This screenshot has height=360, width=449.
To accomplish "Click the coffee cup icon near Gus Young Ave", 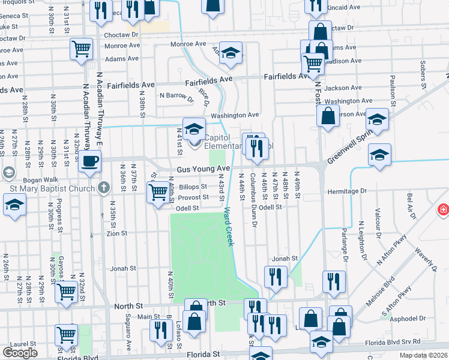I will click(x=89, y=161).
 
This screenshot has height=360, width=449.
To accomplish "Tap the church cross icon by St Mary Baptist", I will click(x=103, y=188).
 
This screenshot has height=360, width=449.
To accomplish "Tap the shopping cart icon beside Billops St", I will click(x=158, y=193).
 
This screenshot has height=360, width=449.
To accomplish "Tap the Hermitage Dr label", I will click(x=346, y=191).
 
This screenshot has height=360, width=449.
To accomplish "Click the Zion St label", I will click(x=117, y=233).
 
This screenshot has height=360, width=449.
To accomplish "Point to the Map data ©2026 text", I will click(x=423, y=355).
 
